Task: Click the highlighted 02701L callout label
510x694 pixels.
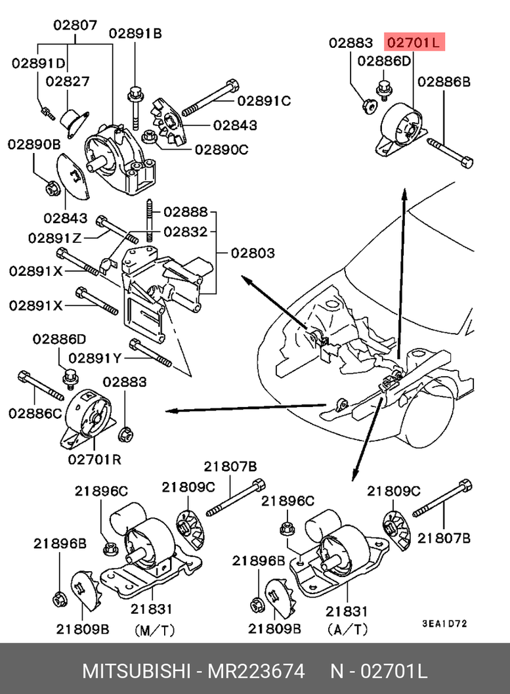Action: (x=414, y=43)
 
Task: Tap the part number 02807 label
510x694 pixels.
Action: (x=75, y=25)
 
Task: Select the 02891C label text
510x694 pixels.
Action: (x=264, y=101)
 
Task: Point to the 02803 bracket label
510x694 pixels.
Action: (x=253, y=253)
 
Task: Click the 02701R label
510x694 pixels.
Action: (x=95, y=460)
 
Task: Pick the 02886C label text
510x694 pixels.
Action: (x=35, y=414)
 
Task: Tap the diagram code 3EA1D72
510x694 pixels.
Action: (x=444, y=624)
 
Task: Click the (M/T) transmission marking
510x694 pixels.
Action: (x=155, y=630)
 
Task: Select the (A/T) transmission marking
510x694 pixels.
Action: (x=348, y=628)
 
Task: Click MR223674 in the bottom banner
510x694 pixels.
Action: (x=257, y=671)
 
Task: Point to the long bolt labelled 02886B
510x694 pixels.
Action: (x=450, y=153)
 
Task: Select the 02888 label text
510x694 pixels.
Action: (x=186, y=212)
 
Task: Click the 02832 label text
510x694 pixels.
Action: (x=186, y=232)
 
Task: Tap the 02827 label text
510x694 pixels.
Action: (x=68, y=81)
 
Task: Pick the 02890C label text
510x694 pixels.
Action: (x=222, y=150)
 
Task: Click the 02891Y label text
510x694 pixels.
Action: (x=95, y=358)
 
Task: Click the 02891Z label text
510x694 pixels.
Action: (x=55, y=238)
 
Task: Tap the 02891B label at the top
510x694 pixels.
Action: (x=135, y=33)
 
